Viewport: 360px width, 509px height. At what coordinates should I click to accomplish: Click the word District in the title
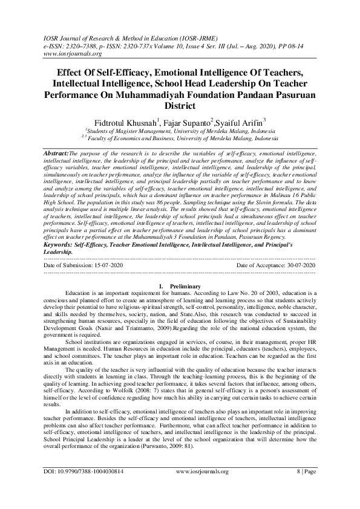(x=180, y=106)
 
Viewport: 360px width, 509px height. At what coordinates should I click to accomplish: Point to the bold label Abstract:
(x=56, y=154)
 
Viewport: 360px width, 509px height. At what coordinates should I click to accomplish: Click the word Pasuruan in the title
(x=292, y=95)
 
